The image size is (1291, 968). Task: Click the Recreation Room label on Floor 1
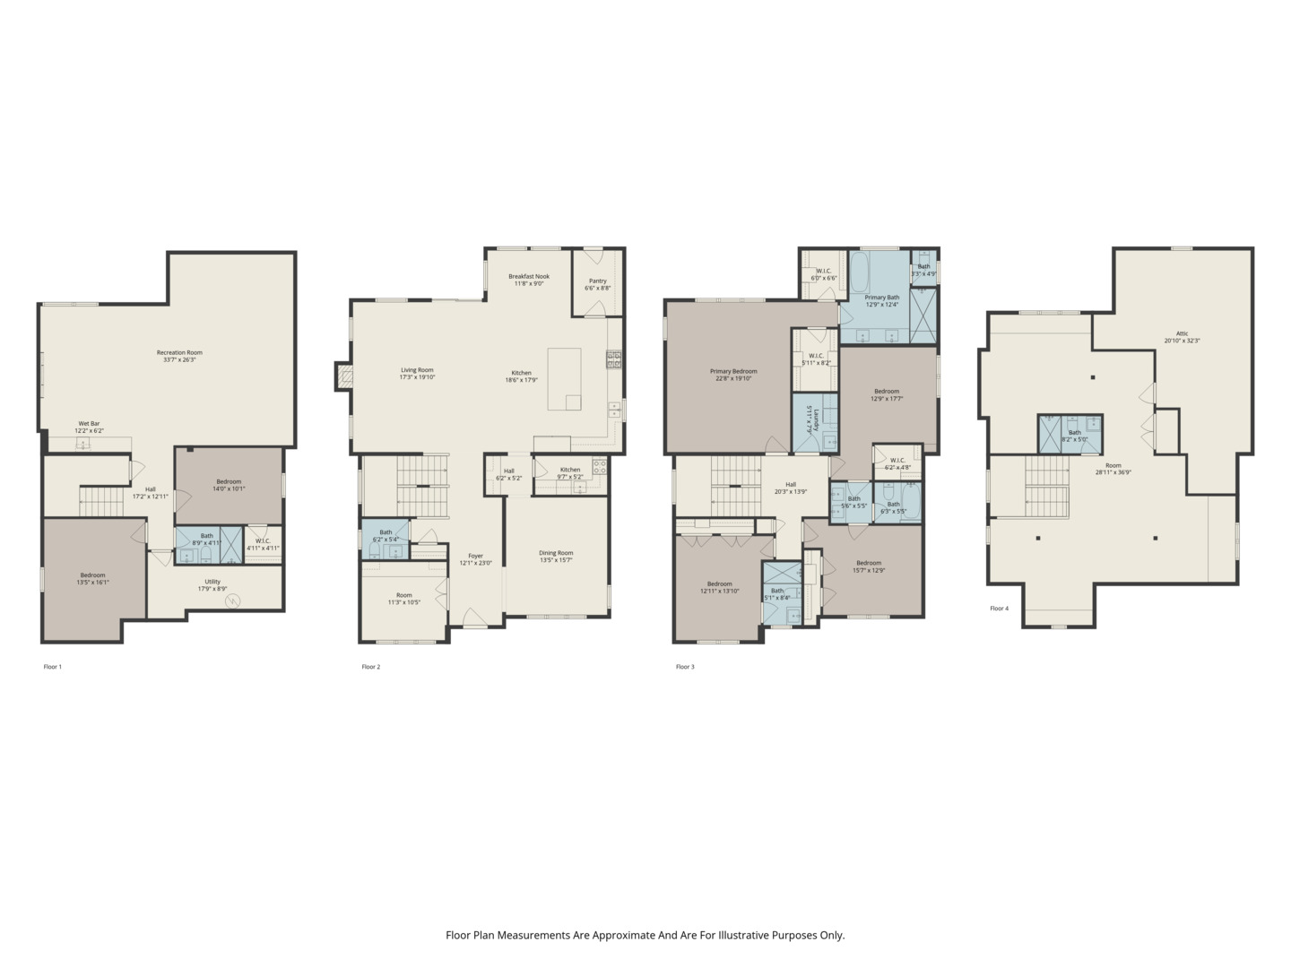[176, 352]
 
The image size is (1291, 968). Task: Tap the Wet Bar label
[89, 423]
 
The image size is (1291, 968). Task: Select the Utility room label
[212, 582]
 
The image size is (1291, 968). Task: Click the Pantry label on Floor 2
[597, 281]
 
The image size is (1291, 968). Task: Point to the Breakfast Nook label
[529, 276]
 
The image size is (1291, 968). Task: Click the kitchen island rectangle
[564, 379]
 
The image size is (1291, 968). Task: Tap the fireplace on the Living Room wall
[343, 376]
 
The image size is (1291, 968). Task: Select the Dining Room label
[556, 553]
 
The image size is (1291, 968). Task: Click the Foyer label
[476, 556]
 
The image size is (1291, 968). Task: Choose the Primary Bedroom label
[733, 371]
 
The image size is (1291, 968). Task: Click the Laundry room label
[809, 419]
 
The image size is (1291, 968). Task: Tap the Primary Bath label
[881, 298]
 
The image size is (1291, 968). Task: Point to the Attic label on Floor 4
[1182, 333]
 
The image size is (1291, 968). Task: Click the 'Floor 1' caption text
[53, 667]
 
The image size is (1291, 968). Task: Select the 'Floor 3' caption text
[685, 667]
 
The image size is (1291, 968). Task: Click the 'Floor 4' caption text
[999, 609]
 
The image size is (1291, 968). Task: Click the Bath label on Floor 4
[1074, 432]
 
